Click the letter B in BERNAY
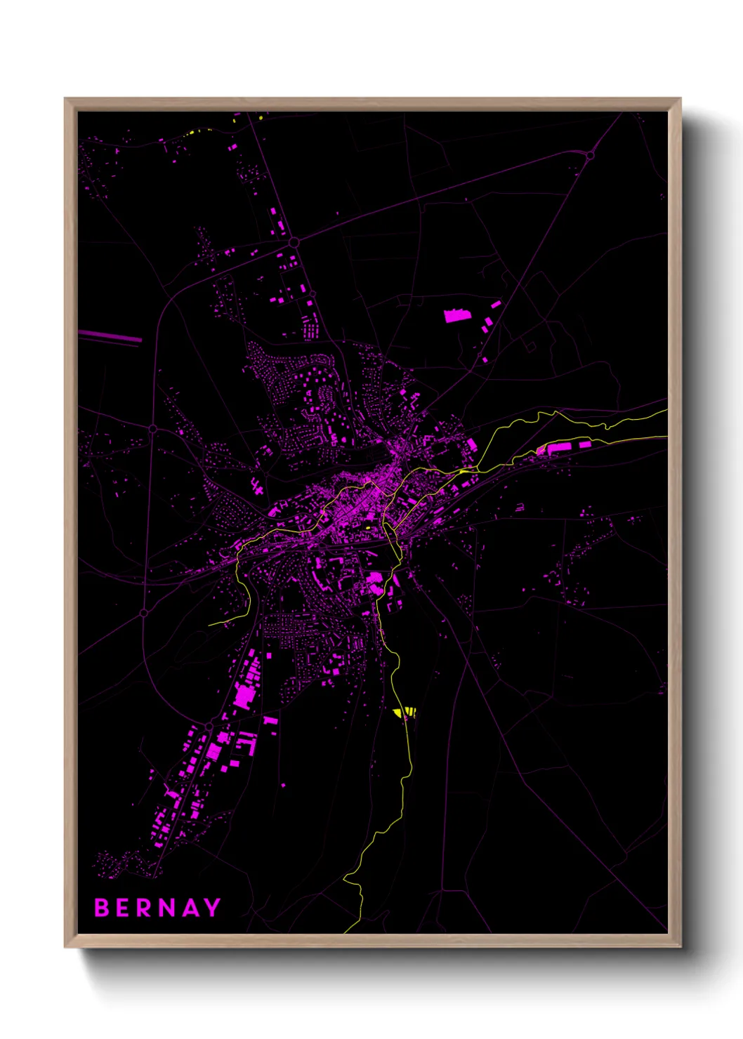pos(103,908)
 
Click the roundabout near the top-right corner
pos(590,155)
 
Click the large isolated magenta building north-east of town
pos(456,315)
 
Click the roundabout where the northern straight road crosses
pos(294,241)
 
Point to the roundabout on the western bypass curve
pos(152,428)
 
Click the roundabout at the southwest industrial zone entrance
pos(209,725)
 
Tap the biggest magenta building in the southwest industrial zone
pos(244,696)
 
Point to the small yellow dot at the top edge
pos(261,117)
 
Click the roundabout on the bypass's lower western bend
pos(144,613)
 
